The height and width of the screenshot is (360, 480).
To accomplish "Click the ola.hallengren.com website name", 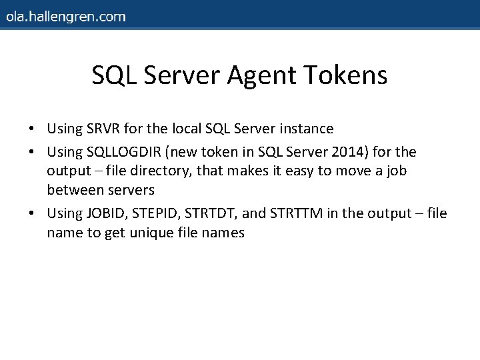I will coord(65,17).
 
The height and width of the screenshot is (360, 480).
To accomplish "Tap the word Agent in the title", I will coord(262,75).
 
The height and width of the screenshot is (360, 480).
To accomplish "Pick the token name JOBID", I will coord(107,213).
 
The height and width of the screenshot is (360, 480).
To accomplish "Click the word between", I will coord(74,190).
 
